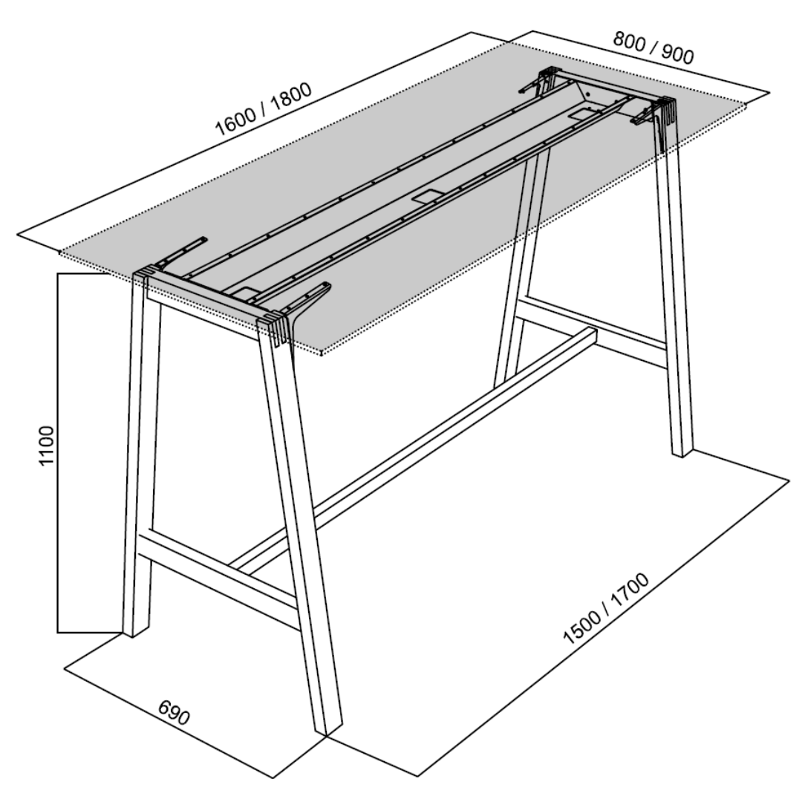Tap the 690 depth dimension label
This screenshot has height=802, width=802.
tap(174, 712)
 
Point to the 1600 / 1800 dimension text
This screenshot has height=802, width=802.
tap(264, 109)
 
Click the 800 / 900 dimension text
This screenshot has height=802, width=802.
tap(653, 48)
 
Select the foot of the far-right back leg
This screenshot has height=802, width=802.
tap(682, 449)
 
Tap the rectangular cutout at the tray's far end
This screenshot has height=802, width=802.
tap(582, 114)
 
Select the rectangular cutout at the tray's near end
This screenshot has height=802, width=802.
tap(244, 293)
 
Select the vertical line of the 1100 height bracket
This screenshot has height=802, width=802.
tap(58, 453)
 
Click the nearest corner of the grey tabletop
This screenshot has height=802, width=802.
tap(321, 354)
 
